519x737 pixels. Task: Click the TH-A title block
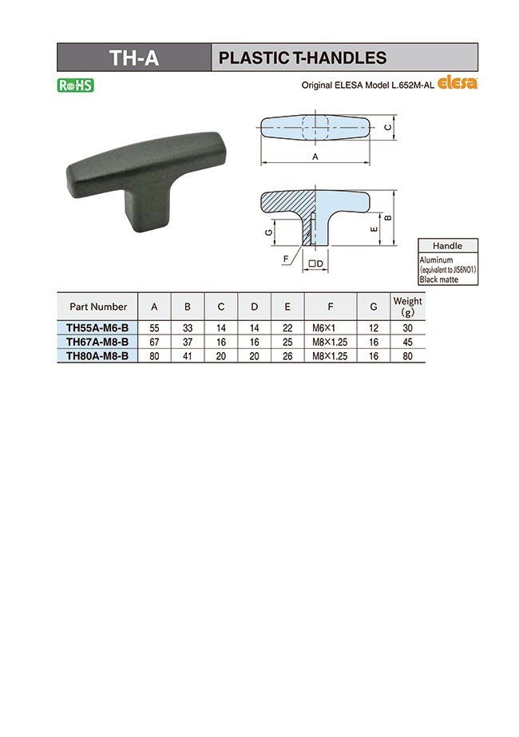134,57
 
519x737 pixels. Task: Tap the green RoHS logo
76,85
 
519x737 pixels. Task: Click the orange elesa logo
458,85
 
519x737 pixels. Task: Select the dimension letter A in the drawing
315,157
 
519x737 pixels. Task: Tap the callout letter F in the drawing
285,259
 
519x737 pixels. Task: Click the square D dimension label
315,263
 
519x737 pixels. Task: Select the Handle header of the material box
448,246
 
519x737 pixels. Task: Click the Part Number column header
98,307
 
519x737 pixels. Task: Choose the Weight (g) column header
406,307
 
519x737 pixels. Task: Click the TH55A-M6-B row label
97,327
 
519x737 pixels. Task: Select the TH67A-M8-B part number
97,342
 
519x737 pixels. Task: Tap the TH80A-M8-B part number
97,356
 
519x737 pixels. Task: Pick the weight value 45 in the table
406,342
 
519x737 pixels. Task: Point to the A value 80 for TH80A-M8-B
154,356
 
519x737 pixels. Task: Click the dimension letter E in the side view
374,228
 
